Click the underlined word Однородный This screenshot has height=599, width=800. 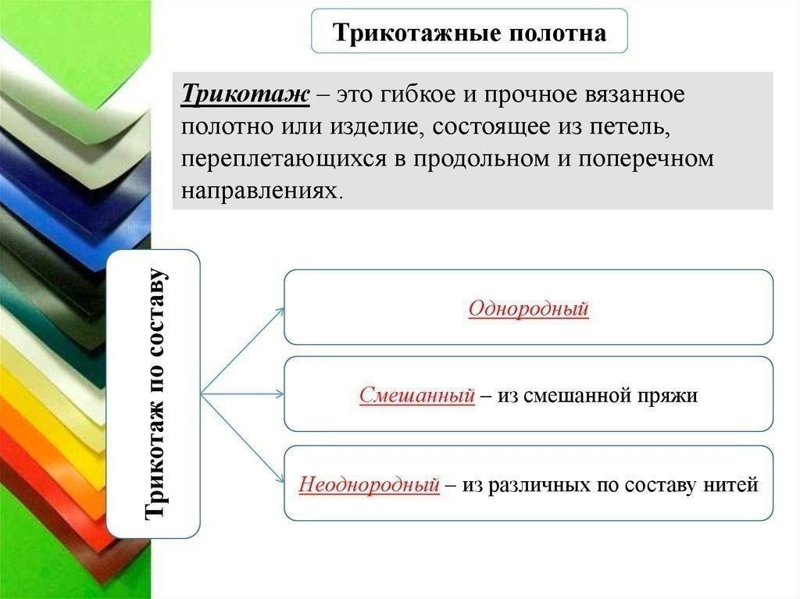click(x=528, y=308)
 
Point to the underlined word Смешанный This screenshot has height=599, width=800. click(x=417, y=395)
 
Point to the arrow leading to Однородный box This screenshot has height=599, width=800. click(x=244, y=351)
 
